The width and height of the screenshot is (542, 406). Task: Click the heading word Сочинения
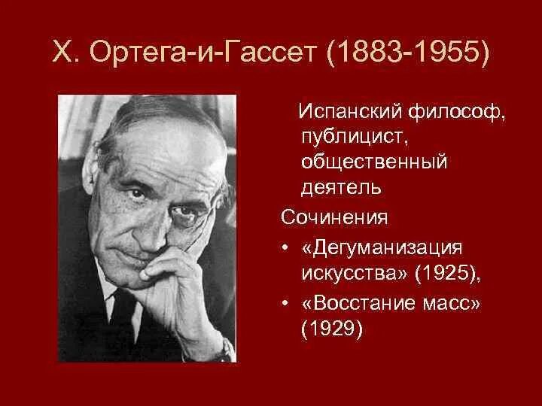334,217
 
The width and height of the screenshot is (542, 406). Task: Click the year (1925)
443,273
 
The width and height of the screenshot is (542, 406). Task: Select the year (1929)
332,329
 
